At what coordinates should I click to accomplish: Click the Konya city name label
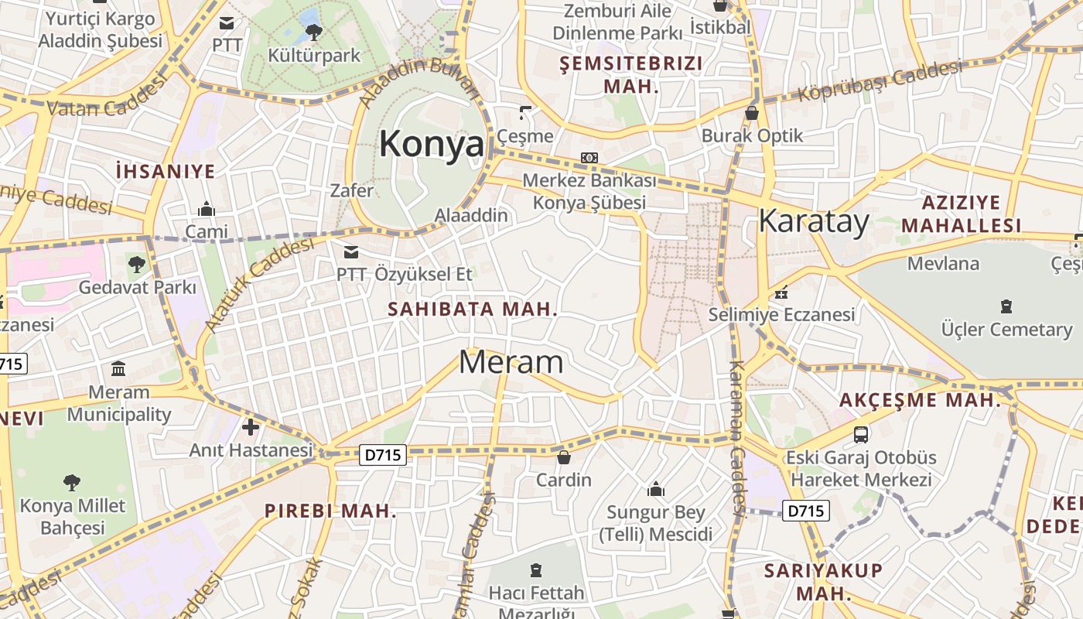432,144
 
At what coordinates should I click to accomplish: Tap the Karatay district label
814,221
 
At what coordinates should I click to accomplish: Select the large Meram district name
511,362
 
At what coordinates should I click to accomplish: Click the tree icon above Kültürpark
313,32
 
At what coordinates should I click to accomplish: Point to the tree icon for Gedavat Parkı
137,264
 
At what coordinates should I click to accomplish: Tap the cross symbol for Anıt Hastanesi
251,426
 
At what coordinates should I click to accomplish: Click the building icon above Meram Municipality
118,368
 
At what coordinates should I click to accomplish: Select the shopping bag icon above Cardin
564,457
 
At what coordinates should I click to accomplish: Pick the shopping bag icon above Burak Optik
751,114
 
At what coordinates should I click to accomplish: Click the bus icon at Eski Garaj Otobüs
861,434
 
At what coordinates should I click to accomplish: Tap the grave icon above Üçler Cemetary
1006,306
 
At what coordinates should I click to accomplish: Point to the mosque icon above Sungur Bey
656,489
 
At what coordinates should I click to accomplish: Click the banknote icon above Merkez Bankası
589,158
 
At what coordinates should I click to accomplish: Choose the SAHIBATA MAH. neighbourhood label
473,309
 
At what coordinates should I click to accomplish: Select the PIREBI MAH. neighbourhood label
330,511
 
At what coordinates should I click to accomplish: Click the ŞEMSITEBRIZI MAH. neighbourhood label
631,74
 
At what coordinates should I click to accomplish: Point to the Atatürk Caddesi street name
260,284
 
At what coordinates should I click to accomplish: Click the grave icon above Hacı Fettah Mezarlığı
536,571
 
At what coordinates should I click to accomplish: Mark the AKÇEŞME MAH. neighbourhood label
920,400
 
